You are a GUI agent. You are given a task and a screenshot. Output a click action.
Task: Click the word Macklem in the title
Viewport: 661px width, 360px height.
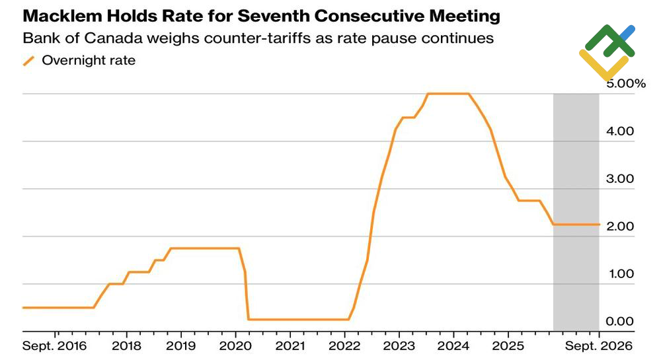[x=62, y=16]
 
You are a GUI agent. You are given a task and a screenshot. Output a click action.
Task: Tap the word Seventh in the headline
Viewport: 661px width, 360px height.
[x=273, y=16]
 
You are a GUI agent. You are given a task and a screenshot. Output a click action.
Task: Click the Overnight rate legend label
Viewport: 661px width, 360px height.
[x=89, y=60]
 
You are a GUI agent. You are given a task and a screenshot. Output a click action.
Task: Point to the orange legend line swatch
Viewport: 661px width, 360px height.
[x=28, y=61]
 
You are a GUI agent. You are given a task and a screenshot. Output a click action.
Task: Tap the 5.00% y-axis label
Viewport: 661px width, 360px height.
[x=626, y=83]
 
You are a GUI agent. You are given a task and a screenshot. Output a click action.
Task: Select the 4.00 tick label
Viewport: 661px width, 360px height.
[x=620, y=131]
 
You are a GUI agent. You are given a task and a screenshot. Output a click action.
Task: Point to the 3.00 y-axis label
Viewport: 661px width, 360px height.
[x=620, y=178]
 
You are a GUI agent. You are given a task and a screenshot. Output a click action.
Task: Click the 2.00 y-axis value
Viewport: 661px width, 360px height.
[x=620, y=226]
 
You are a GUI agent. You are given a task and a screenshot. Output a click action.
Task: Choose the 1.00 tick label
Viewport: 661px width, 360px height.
[x=621, y=273]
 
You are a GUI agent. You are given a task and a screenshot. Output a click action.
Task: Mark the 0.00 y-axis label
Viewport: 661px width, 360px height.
[x=620, y=321]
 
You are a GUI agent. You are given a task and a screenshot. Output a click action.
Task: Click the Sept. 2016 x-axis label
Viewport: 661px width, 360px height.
[x=54, y=346]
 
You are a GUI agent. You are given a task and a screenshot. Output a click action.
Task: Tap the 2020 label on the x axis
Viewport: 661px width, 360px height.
[x=235, y=346]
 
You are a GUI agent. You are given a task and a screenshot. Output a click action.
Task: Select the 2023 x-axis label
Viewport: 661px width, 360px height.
[x=399, y=346]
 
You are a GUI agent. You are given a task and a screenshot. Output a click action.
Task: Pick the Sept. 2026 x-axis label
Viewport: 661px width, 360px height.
[x=599, y=346]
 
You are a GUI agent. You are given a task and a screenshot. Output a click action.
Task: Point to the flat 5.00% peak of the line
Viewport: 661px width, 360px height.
[x=448, y=94]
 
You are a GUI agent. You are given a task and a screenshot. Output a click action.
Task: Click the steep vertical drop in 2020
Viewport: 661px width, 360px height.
[x=247, y=295]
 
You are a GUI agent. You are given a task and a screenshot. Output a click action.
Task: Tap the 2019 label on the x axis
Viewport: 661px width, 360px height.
[x=181, y=346]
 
